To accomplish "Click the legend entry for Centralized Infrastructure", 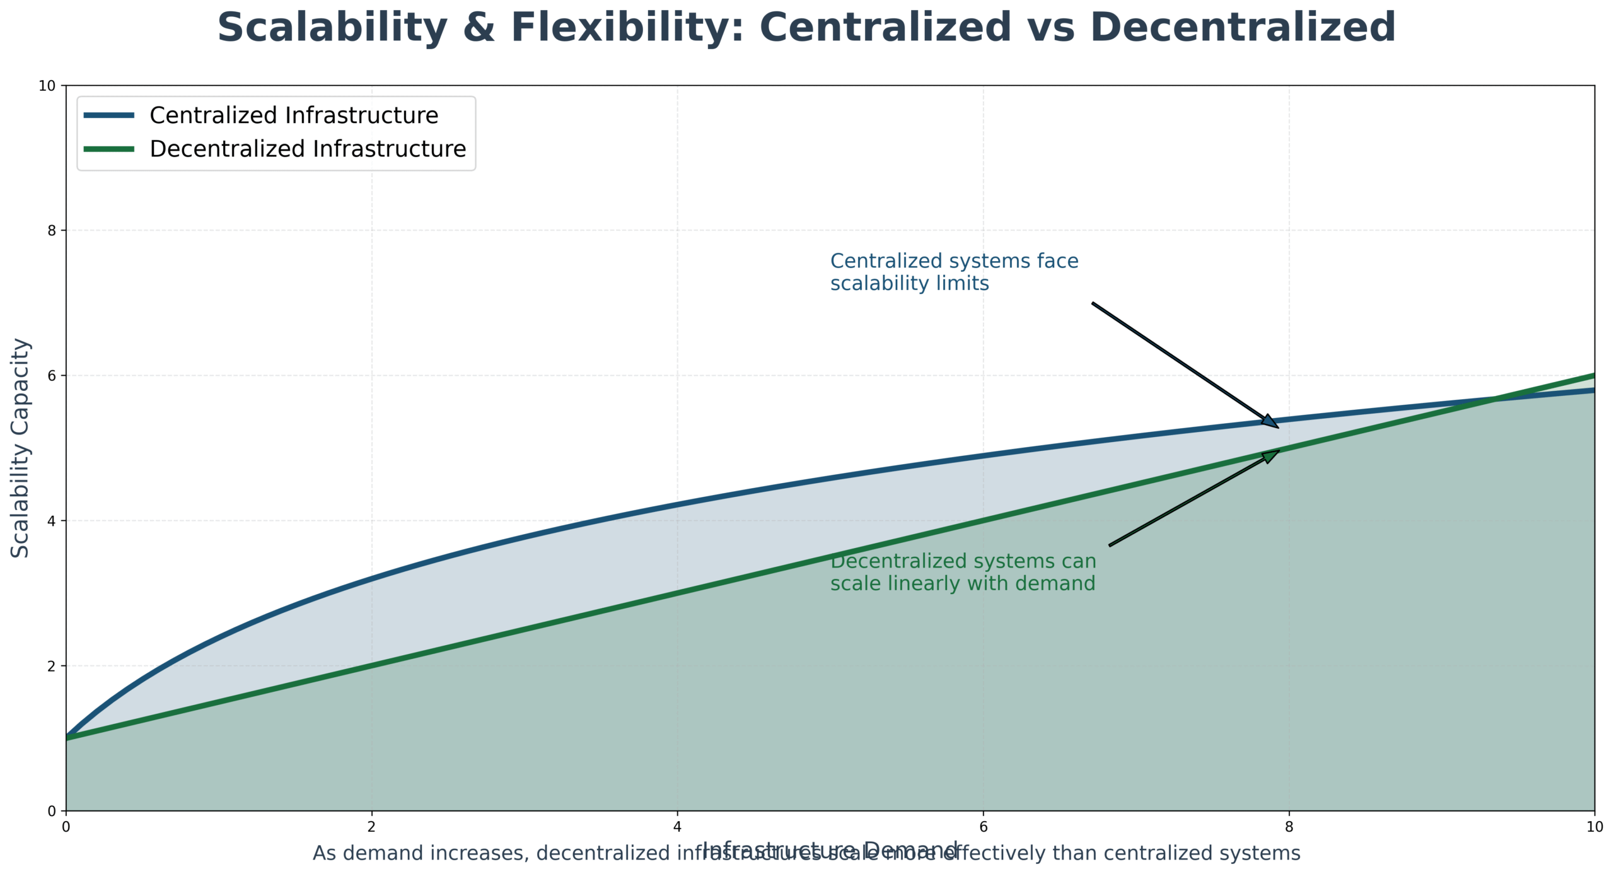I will (x=293, y=115).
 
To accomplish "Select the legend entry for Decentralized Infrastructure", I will (x=308, y=149).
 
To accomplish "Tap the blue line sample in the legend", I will (x=109, y=115).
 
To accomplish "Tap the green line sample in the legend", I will (x=109, y=149).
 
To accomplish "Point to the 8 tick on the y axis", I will (x=52, y=230).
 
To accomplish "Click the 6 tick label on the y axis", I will (x=52, y=375).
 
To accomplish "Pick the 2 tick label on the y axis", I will (x=52, y=666).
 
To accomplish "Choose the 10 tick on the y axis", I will (x=48, y=85).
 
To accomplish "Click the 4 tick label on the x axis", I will (x=677, y=826).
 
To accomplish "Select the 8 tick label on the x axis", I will (x=1289, y=826).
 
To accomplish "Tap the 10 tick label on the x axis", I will (x=1594, y=826).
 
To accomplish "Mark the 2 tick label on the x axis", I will (x=371, y=826).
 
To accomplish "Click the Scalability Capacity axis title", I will (x=20, y=448).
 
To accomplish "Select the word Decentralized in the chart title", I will (x=1242, y=28).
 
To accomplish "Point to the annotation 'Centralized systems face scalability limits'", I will (x=954, y=272).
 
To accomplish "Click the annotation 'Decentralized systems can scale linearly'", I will (x=963, y=573).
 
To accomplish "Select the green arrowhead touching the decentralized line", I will (x=1271, y=455).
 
